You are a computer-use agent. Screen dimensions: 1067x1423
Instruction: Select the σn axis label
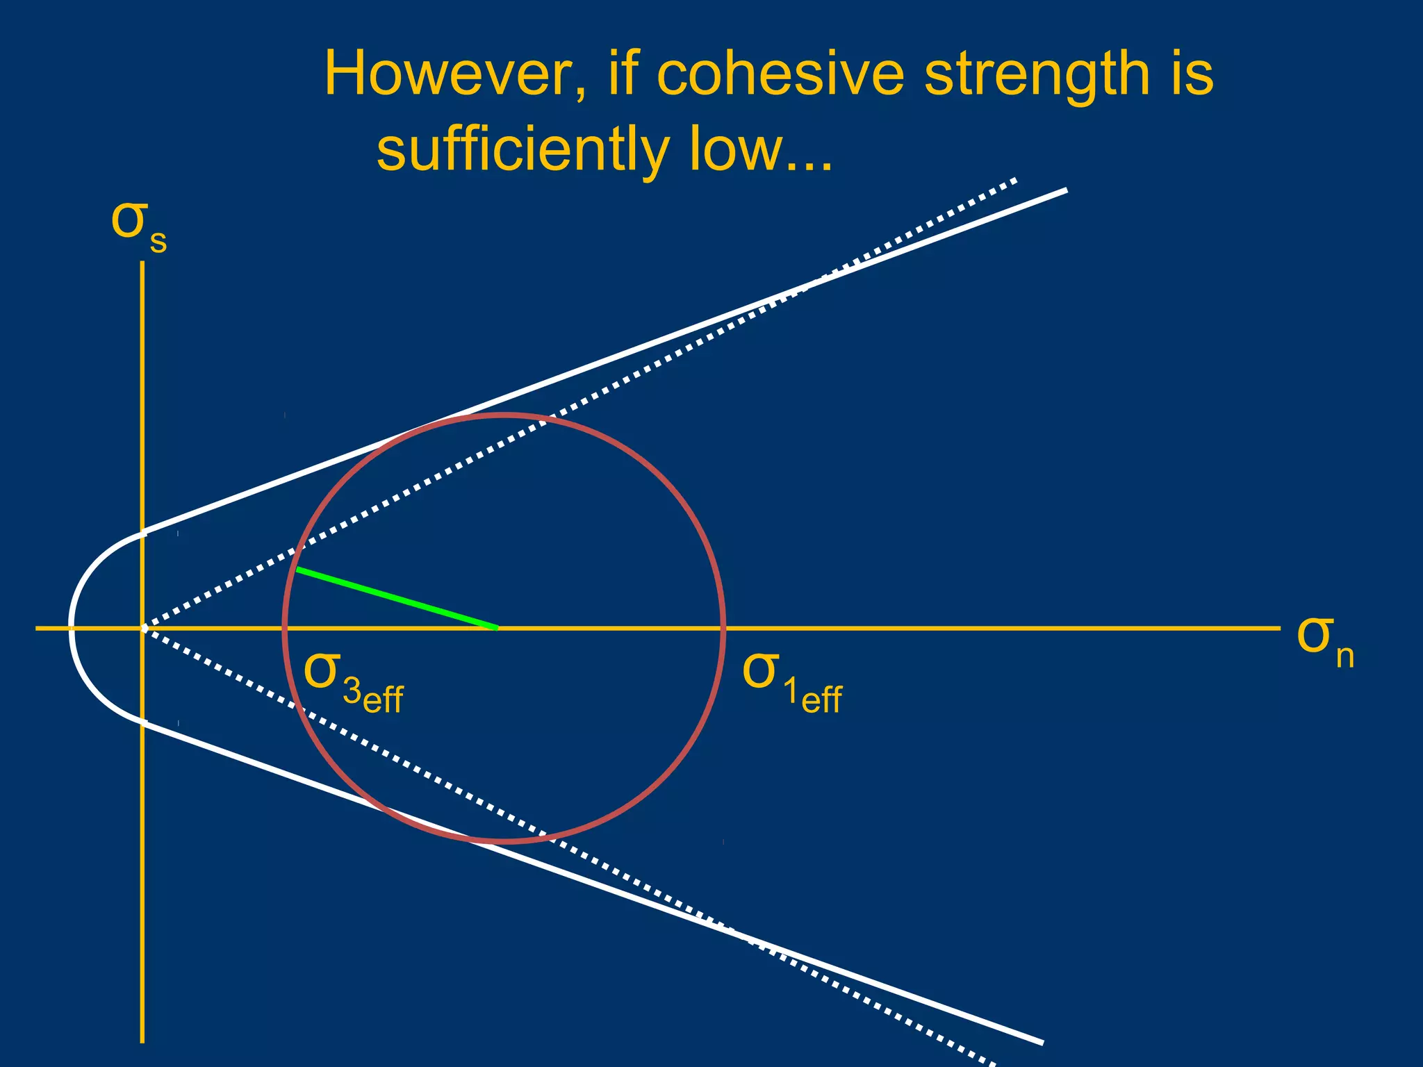click(1324, 639)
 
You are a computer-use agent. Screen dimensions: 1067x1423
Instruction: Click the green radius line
click(397, 599)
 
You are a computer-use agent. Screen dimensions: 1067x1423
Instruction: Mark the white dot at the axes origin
click(144, 628)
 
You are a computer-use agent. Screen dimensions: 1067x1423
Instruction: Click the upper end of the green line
click(297, 570)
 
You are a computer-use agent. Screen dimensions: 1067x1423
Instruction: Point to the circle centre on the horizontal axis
click(497, 628)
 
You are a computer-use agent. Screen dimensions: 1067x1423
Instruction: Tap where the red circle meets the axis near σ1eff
click(724, 628)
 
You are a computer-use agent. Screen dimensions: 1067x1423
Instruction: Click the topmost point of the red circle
click(504, 415)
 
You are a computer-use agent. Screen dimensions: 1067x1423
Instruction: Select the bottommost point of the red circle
click(504, 841)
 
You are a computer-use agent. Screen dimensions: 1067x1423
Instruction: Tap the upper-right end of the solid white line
click(1065, 190)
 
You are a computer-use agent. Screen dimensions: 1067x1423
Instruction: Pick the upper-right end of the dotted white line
click(1015, 180)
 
